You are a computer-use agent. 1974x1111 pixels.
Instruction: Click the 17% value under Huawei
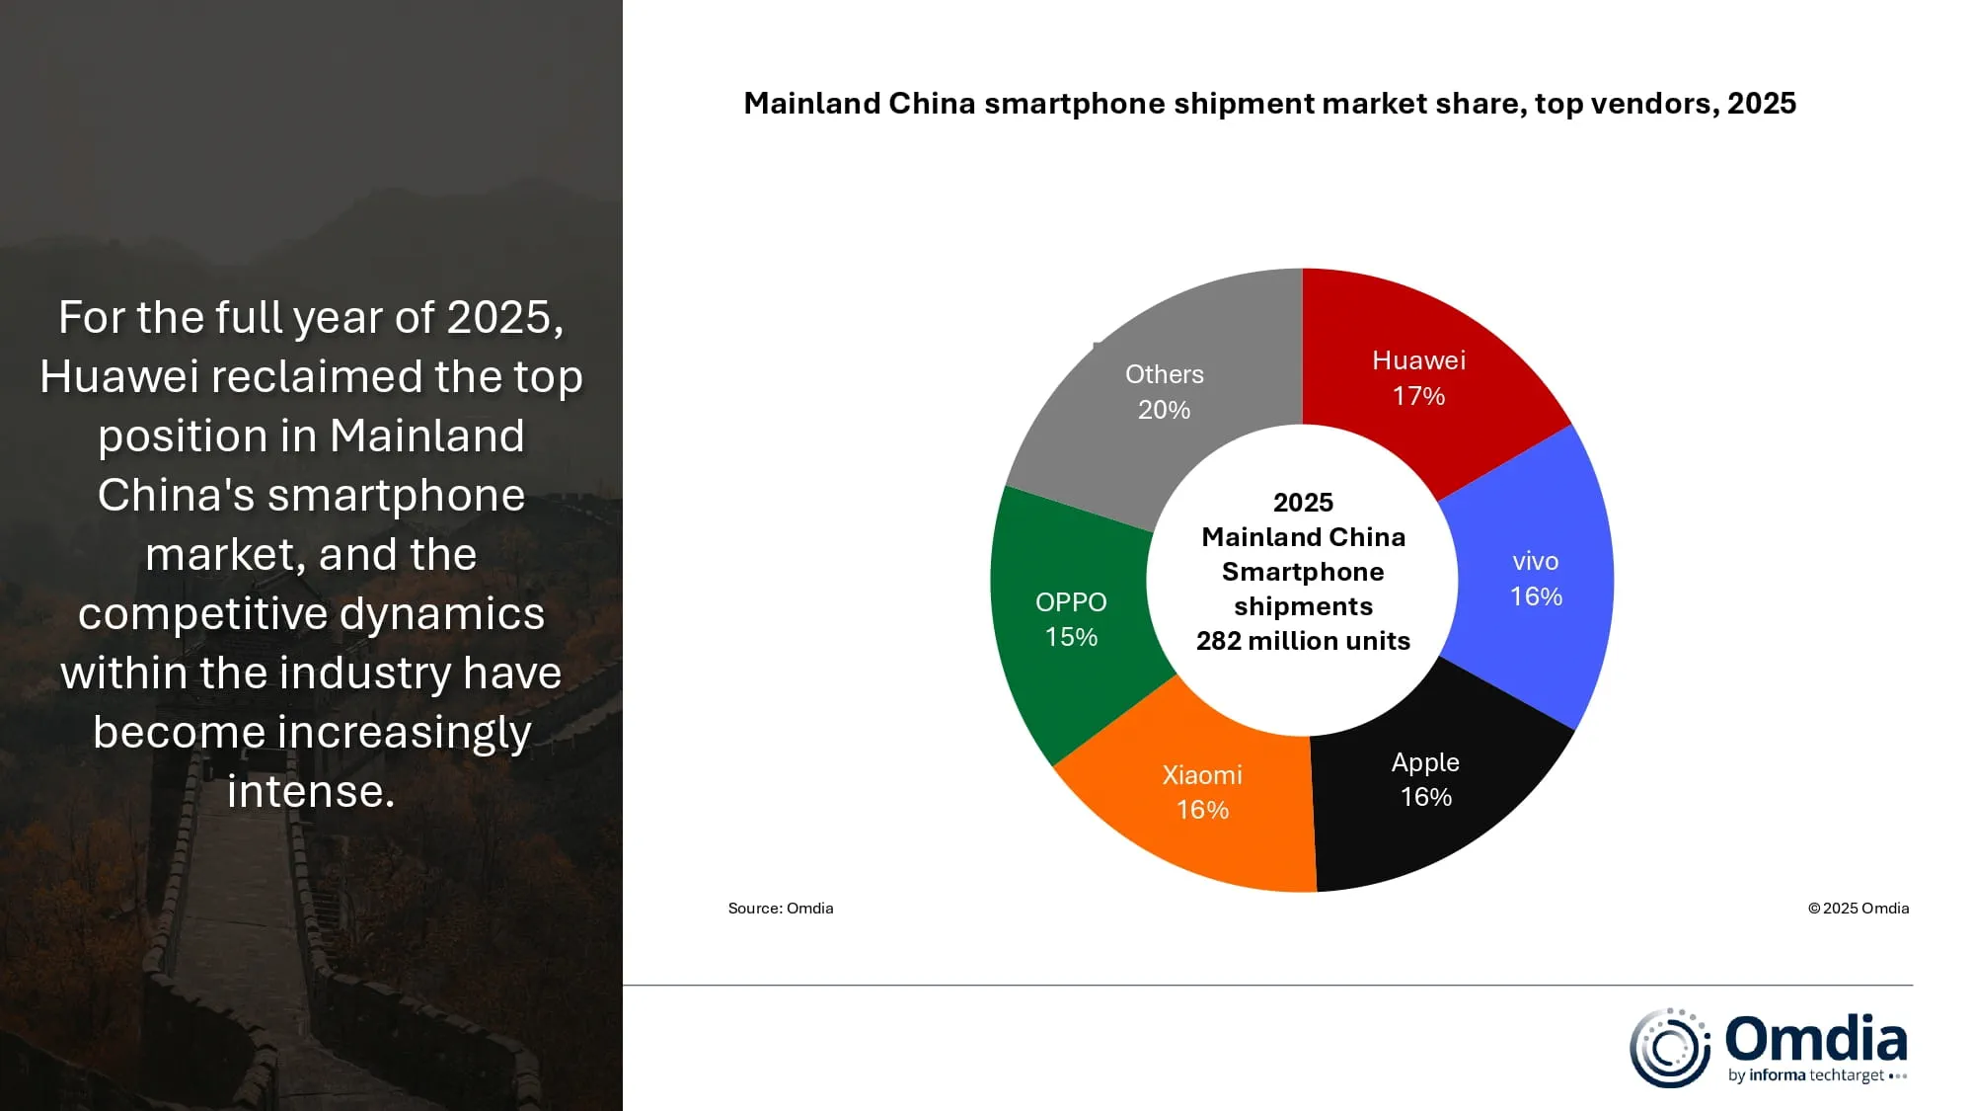pos(1418,396)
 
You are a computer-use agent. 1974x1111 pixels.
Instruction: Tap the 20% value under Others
pos(1164,410)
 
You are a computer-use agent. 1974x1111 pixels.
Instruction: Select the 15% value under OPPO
pos(1071,637)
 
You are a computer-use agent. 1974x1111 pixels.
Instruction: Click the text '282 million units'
pos(1303,641)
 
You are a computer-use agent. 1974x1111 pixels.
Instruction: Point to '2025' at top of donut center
pos(1303,503)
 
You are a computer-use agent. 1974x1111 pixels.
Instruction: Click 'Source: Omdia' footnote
pos(781,909)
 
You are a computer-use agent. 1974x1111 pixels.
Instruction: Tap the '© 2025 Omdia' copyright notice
pos(1858,909)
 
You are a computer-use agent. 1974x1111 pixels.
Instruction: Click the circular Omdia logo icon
pos(1669,1048)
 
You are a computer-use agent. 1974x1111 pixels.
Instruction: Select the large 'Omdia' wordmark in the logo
pos(1815,1039)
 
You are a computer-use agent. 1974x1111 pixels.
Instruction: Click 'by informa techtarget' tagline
pos(1806,1075)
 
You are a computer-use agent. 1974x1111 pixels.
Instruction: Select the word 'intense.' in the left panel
pos(311,791)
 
